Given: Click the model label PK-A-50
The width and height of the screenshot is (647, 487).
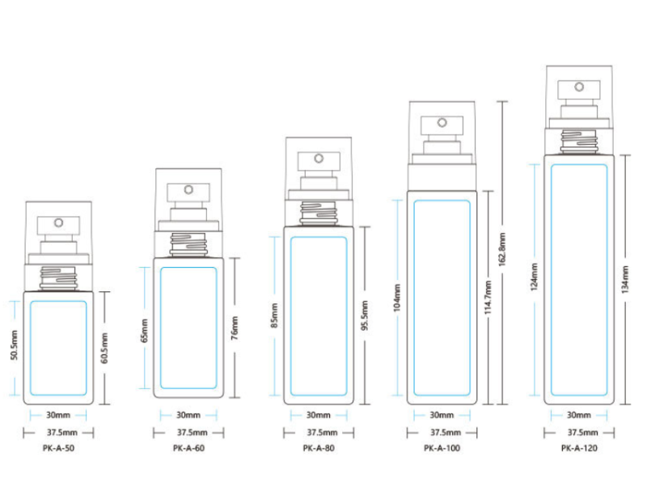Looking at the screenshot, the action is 58,448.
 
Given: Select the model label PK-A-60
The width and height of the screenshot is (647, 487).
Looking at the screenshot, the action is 188,448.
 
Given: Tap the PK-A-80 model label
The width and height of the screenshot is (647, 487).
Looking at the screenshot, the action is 319,448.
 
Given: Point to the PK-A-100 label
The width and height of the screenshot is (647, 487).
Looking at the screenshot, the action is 442,448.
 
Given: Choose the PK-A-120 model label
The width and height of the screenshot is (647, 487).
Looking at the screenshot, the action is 579,448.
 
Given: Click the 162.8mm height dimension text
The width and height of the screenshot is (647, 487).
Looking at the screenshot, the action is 502,249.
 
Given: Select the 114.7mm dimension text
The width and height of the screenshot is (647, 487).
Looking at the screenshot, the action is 488,298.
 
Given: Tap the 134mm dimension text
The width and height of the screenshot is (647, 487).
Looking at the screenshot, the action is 625,280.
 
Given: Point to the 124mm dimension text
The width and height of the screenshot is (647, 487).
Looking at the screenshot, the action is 534,277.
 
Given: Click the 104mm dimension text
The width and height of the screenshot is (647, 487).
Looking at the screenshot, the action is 397,298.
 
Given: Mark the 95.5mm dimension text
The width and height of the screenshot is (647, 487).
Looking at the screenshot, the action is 365,315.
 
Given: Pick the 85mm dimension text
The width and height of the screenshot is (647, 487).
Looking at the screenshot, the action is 274,315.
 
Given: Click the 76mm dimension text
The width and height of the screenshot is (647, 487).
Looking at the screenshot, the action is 235,328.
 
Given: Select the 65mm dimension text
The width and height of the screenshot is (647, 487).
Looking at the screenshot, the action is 144,331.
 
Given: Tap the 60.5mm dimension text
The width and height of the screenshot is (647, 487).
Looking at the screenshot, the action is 104,349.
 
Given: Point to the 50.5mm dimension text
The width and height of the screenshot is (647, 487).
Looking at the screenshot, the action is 14,345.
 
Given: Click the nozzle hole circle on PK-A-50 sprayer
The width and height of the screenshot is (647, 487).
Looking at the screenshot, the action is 58,222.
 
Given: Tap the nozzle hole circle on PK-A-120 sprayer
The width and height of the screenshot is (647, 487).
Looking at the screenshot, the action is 579,87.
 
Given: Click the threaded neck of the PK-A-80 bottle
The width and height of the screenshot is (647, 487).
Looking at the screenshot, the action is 319,213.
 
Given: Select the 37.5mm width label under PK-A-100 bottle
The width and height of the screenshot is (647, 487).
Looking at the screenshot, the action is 446,433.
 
